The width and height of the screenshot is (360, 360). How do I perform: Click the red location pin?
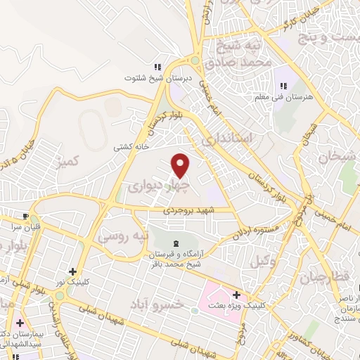coord(181,165)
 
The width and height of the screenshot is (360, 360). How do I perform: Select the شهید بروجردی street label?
coord(188,210)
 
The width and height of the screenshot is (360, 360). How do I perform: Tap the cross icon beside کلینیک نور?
coord(72,271)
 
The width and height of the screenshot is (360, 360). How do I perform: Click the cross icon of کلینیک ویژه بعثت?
coord(236,295)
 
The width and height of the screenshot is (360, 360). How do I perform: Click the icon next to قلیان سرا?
coord(25,216)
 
